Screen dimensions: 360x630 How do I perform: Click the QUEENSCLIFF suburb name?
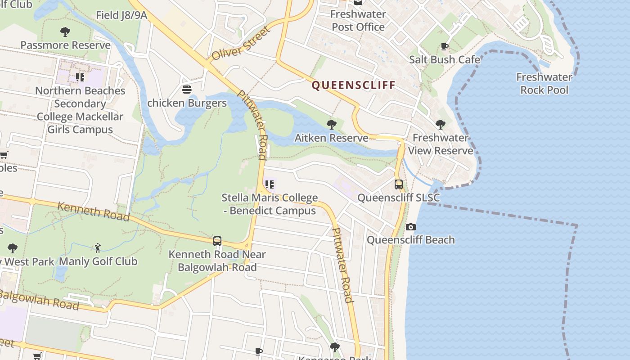(x=353, y=85)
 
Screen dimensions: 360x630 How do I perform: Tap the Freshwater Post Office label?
(x=358, y=20)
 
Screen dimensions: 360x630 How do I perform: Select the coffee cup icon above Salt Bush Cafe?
(x=445, y=46)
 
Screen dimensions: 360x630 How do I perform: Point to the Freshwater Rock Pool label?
(x=544, y=83)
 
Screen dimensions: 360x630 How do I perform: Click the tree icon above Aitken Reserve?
(x=332, y=124)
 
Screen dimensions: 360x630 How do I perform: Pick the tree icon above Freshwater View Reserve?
(x=441, y=124)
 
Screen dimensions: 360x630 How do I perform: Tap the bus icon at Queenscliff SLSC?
(x=399, y=184)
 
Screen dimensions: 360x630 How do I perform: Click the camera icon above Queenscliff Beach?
(x=410, y=227)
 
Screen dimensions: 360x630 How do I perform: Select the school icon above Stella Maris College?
(x=269, y=184)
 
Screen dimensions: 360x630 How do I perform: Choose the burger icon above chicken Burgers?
(x=187, y=90)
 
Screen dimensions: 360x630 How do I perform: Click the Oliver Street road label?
(x=241, y=44)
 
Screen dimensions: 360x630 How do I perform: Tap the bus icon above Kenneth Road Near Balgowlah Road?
(x=217, y=241)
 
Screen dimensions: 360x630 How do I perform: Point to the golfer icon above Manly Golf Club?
(x=98, y=248)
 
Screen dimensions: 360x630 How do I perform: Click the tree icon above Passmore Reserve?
(x=65, y=32)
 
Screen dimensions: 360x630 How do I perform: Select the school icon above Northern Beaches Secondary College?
(x=80, y=77)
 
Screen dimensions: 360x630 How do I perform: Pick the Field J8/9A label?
(x=121, y=15)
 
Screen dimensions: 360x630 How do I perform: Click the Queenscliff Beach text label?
(x=410, y=240)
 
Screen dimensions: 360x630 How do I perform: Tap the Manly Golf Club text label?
(x=98, y=261)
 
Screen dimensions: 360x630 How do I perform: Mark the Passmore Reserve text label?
(x=66, y=45)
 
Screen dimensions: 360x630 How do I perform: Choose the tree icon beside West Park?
(x=13, y=248)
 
